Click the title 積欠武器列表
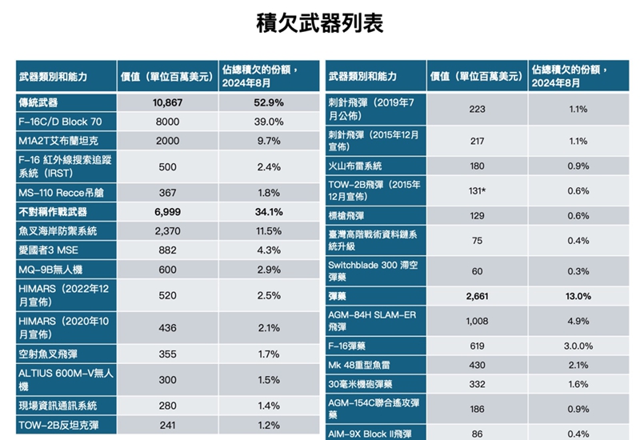click(319, 23)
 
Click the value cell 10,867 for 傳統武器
click(168, 102)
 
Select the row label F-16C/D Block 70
click(60, 122)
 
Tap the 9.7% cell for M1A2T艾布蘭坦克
click(269, 141)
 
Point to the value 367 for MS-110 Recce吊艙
click(168, 193)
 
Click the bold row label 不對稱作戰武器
click(53, 212)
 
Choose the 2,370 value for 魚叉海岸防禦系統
click(168, 231)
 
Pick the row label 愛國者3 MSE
click(48, 250)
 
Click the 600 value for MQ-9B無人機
click(168, 270)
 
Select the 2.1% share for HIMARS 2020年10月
click(269, 328)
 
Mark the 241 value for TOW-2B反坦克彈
click(168, 425)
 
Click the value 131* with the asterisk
click(478, 190)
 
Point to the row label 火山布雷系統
click(355, 166)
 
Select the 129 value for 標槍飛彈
click(477, 216)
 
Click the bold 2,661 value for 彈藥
click(477, 296)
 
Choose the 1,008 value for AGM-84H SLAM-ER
click(477, 321)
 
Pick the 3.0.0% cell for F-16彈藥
click(578, 346)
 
